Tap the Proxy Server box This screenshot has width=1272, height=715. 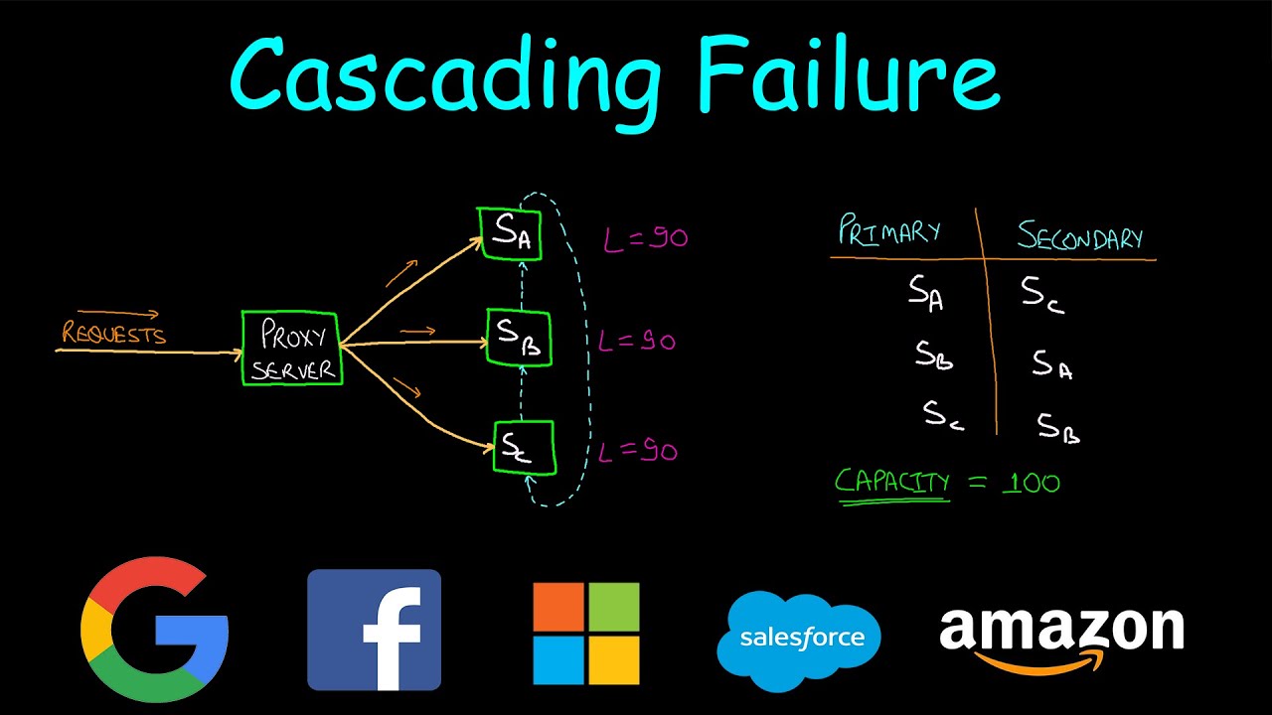(x=291, y=349)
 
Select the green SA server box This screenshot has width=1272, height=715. (x=510, y=233)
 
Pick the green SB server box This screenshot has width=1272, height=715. (x=518, y=337)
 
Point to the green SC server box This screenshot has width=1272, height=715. (x=524, y=448)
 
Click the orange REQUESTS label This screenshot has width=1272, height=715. (x=113, y=334)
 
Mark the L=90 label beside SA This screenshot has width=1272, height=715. (x=645, y=238)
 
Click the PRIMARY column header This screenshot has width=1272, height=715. (x=889, y=230)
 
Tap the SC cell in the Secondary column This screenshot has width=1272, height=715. (x=1042, y=295)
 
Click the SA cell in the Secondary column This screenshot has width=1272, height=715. (x=1052, y=364)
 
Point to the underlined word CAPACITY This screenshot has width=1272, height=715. (x=891, y=483)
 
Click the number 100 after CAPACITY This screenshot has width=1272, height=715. (x=1030, y=484)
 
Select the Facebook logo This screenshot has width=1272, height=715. (x=374, y=630)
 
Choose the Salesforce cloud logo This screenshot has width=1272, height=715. (x=798, y=639)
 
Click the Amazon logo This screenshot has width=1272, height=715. (x=1060, y=636)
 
